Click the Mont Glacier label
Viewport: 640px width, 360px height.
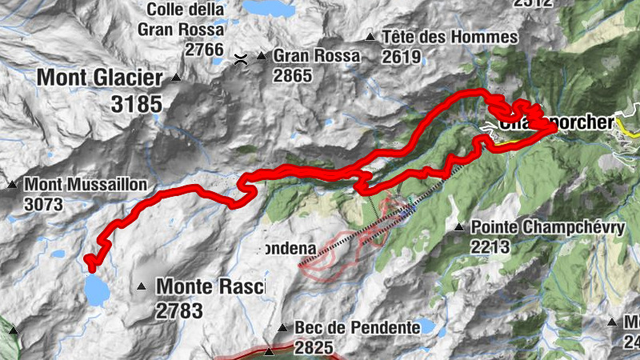pyautogui.click(x=99, y=78)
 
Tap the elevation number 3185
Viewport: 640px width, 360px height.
pyautogui.click(x=133, y=104)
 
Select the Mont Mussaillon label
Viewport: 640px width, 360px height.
pyautogui.click(x=86, y=185)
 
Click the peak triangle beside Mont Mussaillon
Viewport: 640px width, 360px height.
pyautogui.click(x=13, y=186)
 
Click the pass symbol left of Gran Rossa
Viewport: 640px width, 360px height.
pyautogui.click(x=240, y=57)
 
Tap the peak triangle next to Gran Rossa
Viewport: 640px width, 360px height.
pyautogui.click(x=262, y=57)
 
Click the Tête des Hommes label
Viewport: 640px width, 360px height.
pyautogui.click(x=450, y=37)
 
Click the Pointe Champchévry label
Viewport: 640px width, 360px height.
pyautogui.click(x=548, y=227)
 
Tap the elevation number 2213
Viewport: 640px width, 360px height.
pyautogui.click(x=490, y=247)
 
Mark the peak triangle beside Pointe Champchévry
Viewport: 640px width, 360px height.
pyautogui.click(x=459, y=228)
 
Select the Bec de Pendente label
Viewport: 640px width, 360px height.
pyautogui.click(x=358, y=327)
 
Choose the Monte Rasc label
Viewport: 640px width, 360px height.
pyautogui.click(x=210, y=286)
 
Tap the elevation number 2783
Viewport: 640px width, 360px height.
pyautogui.click(x=180, y=311)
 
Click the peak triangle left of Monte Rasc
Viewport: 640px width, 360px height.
pyautogui.click(x=142, y=286)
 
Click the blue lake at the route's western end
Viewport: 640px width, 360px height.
pyautogui.click(x=95, y=290)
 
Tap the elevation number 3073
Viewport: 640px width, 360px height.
pyautogui.click(x=43, y=205)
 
